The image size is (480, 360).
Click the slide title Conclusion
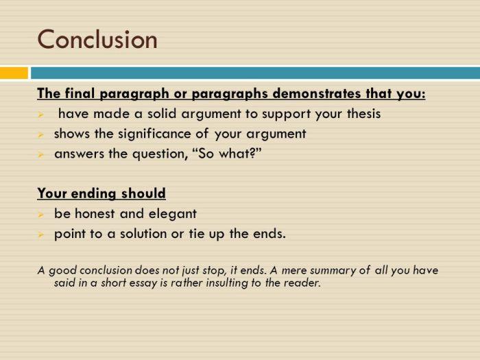tap(97, 39)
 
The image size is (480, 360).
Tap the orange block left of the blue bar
tap(14, 73)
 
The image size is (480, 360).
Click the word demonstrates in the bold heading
tap(316, 93)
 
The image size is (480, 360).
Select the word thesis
tap(363, 114)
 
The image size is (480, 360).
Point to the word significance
tap(159, 134)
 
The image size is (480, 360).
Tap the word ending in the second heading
tap(93, 194)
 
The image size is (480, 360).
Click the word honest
tap(94, 213)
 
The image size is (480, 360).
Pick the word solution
tap(143, 234)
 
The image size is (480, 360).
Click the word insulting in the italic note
tap(226, 283)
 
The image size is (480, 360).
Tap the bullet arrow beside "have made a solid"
tap(40, 115)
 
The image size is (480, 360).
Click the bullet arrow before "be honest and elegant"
tap(40, 215)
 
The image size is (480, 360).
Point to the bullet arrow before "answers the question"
tap(40, 155)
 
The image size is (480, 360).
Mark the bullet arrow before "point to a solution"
tap(40, 235)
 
